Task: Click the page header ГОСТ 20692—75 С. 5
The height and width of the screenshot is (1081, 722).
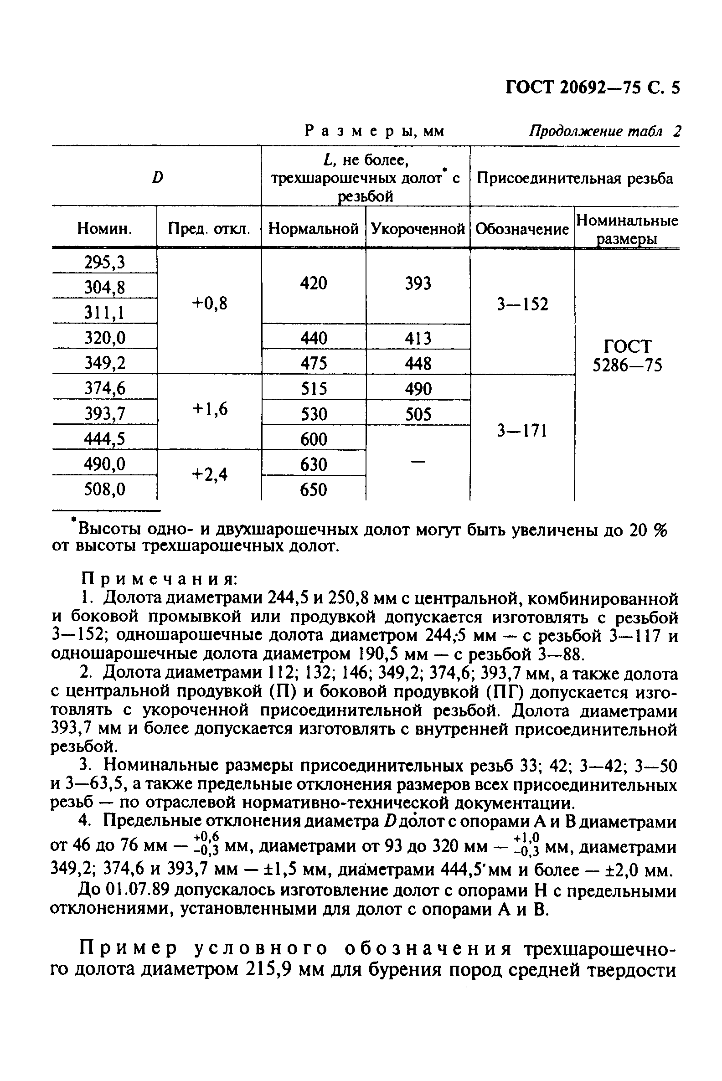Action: click(592, 87)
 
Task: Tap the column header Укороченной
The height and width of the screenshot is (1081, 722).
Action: click(418, 228)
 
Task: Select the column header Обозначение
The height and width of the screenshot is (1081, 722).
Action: click(522, 228)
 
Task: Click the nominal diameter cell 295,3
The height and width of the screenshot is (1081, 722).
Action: click(104, 262)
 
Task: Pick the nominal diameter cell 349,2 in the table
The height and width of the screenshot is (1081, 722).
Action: click(104, 363)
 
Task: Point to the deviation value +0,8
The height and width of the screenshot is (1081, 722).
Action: click(210, 304)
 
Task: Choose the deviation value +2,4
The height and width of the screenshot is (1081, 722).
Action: click(210, 474)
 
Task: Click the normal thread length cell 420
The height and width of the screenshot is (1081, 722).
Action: click(313, 283)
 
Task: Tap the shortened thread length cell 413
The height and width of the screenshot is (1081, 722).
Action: click(418, 339)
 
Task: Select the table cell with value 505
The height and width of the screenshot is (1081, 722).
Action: click(418, 414)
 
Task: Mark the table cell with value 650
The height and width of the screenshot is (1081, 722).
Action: click(313, 489)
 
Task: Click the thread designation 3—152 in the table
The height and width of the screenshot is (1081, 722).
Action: click(522, 304)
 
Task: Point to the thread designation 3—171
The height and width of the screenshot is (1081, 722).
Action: click(522, 431)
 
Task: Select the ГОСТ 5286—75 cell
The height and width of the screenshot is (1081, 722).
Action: click(627, 355)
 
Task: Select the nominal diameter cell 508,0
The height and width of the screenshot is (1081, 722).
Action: click(104, 489)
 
